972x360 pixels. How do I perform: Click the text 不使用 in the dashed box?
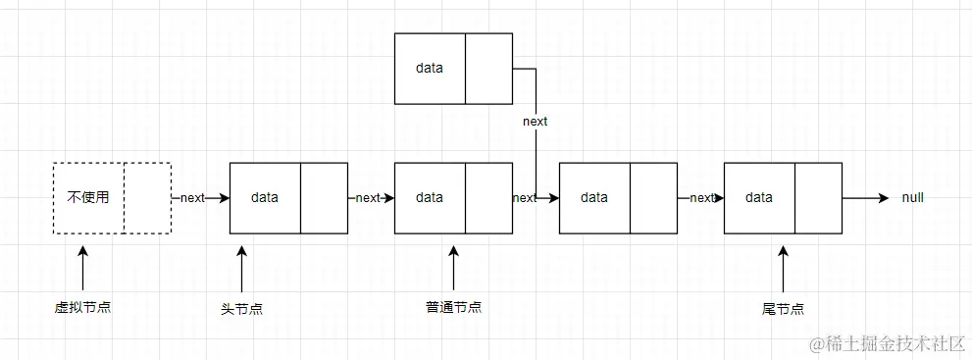[88, 197]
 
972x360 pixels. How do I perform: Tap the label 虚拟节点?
[82, 307]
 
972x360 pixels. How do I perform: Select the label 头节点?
[241, 308]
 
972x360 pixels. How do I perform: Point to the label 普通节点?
[453, 307]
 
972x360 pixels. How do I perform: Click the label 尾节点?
[783, 308]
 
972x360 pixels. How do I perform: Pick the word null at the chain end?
[912, 197]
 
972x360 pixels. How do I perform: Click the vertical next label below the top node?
[536, 122]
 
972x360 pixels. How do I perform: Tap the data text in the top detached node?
[430, 69]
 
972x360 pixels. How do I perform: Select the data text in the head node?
[265, 197]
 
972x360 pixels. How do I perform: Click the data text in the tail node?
[759, 197]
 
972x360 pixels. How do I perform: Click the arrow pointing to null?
[865, 197]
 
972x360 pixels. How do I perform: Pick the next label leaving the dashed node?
[192, 197]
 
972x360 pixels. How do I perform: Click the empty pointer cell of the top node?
[488, 69]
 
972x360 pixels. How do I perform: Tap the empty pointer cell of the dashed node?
[147, 197]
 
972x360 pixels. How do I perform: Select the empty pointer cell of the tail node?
[818, 197]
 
